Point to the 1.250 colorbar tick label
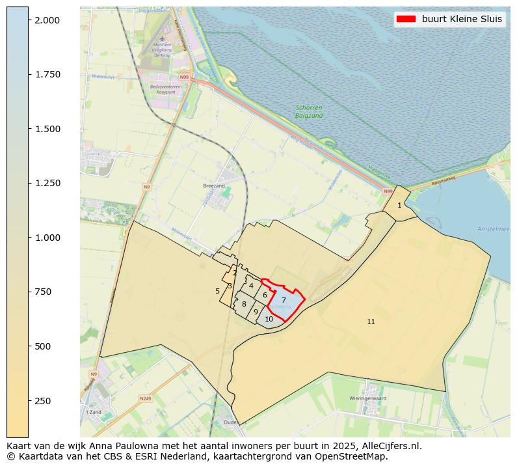tap(47, 183)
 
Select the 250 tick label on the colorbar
tap(42, 400)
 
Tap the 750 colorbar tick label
tap(42, 292)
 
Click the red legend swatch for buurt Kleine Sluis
tap(406, 19)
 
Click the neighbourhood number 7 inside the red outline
tap(284, 300)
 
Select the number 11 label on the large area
tap(371, 322)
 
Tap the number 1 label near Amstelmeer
tap(399, 205)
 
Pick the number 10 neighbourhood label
tap(269, 319)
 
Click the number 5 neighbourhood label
tap(217, 291)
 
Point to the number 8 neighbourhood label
tap(244, 304)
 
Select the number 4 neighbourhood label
tap(251, 286)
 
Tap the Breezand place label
tap(213, 186)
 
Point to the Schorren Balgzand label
tap(308, 111)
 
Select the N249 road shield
tap(144, 398)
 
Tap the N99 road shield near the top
tap(185, 77)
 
